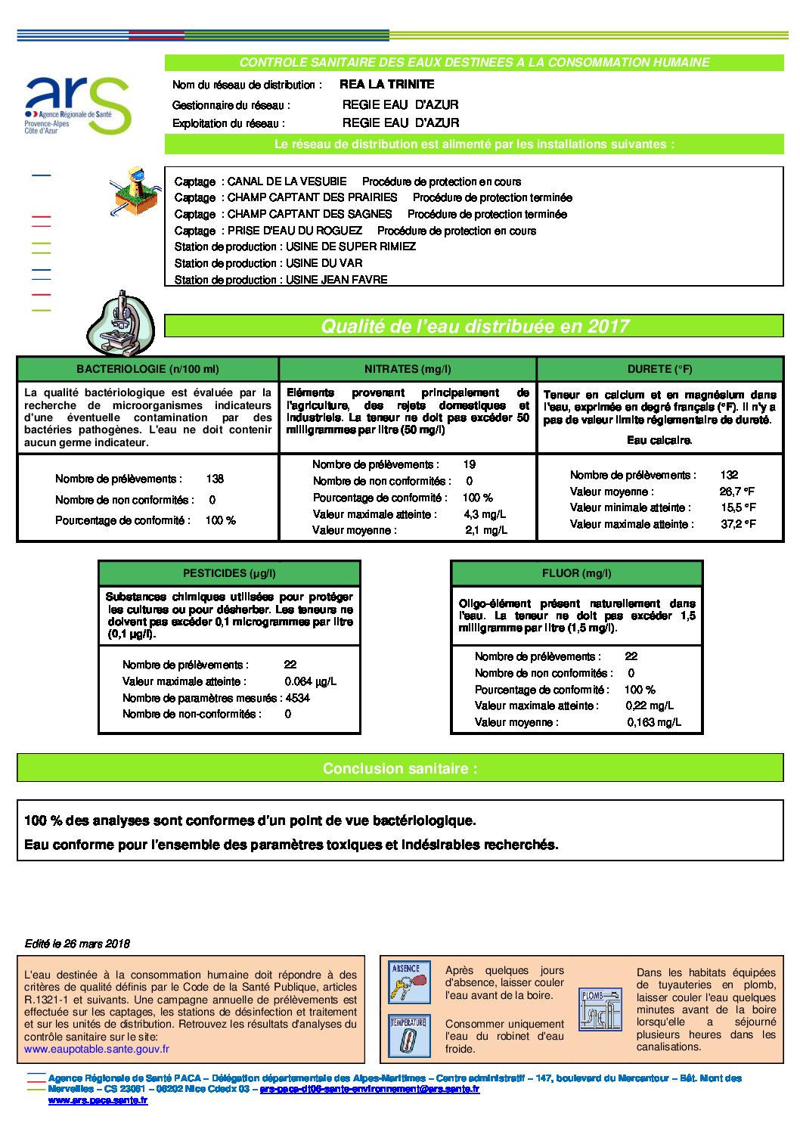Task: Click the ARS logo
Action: tap(78, 106)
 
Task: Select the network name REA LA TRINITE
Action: tap(386, 85)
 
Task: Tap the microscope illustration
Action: tap(121, 323)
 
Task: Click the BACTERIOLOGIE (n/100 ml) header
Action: tap(147, 369)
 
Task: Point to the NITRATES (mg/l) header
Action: tap(408, 369)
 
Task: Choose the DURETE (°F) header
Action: tap(659, 369)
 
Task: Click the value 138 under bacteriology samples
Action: tap(215, 479)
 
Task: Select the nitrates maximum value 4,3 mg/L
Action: tap(485, 514)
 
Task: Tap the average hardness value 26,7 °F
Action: tap(737, 492)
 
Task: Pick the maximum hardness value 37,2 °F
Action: tap(738, 524)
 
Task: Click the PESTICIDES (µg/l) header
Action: tap(229, 573)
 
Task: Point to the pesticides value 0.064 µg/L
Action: tap(311, 681)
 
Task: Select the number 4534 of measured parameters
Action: tap(298, 698)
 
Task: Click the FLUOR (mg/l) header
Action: tap(576, 573)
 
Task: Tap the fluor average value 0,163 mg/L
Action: tap(654, 722)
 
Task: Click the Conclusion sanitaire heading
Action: tap(400, 768)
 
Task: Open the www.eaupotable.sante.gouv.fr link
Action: tap(97, 1049)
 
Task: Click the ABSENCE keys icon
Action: tap(409, 982)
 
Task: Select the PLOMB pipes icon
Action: tap(600, 1009)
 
